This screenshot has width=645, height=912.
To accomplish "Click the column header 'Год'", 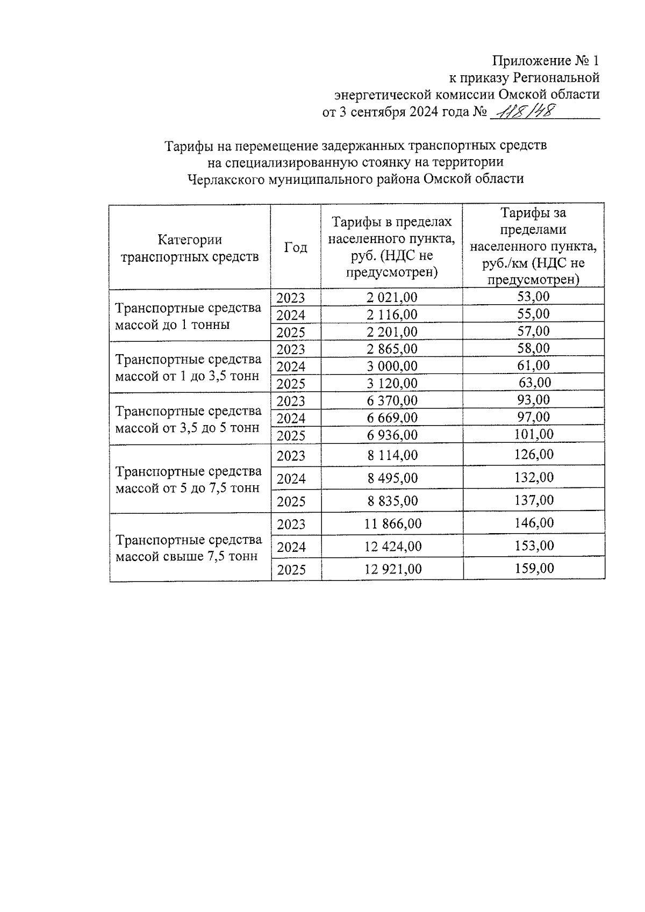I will (x=296, y=247).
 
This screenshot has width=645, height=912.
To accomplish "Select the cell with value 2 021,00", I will (x=392, y=297).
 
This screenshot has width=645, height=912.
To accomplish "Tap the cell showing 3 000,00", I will (x=392, y=366).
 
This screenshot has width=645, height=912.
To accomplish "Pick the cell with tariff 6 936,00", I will (x=392, y=435).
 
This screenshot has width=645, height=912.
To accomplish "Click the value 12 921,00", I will (x=393, y=569).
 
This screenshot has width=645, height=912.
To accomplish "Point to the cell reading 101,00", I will (x=534, y=434).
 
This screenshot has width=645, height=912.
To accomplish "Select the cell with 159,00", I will (x=534, y=568).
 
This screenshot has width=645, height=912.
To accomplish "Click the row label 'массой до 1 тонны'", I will (x=173, y=325).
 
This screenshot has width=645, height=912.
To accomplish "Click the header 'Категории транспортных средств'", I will (x=190, y=248).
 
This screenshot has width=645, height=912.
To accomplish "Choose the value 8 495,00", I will (x=392, y=478).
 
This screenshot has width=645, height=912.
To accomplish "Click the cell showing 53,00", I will (x=534, y=296).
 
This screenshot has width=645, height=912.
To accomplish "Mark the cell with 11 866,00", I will (x=393, y=523).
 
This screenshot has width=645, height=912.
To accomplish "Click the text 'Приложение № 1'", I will (x=545, y=60).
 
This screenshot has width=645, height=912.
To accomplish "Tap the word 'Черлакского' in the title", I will (x=223, y=179).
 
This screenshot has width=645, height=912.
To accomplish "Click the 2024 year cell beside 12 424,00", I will (x=291, y=547).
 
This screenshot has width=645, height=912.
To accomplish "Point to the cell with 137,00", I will (x=534, y=500).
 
